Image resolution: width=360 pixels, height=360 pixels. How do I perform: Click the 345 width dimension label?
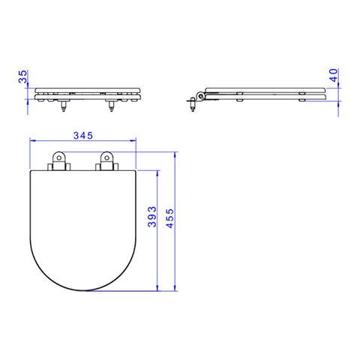coord(83,136)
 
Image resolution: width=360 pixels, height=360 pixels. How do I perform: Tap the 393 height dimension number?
coord(151,217)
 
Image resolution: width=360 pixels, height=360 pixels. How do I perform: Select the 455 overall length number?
coord(170,218)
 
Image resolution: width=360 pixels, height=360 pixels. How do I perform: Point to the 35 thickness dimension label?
coord(22,76)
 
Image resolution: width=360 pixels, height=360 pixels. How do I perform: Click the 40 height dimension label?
coord(334,75)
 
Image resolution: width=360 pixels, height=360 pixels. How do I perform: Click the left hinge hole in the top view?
coord(59,157)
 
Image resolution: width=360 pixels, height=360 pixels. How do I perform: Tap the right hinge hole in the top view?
coord(106,157)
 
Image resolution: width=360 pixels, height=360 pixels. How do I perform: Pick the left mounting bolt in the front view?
coord(64,106)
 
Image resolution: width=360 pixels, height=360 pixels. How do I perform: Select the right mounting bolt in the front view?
coord(111,106)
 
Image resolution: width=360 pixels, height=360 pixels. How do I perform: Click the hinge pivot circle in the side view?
coord(200,95)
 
